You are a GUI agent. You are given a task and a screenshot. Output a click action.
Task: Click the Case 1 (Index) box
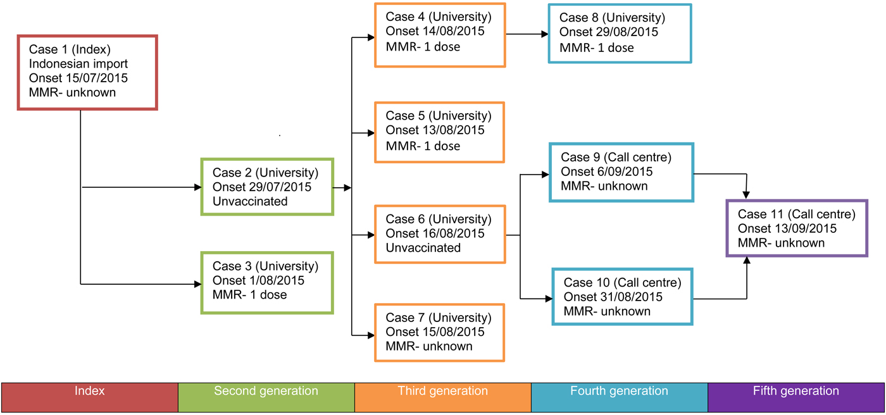click(87, 72)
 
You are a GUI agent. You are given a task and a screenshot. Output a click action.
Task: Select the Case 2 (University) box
click(266, 187)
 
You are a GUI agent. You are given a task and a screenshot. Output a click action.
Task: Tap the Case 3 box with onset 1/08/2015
click(266, 282)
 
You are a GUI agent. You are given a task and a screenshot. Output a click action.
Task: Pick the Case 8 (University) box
click(620, 33)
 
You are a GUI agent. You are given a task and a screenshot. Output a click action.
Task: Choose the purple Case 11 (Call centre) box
click(797, 228)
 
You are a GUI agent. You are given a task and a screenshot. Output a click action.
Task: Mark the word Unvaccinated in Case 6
click(423, 248)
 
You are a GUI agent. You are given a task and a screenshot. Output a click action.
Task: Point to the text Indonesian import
click(78, 64)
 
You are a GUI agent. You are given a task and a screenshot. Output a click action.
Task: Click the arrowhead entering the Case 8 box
click(545, 35)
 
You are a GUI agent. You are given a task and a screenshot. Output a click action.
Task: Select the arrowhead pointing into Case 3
click(197, 285)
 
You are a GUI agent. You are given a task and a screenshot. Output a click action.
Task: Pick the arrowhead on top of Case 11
click(747, 195)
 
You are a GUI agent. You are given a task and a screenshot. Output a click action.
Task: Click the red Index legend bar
click(90, 397)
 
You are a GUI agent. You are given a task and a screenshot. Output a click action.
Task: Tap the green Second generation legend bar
click(266, 397)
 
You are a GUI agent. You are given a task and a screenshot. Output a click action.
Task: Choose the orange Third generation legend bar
click(443, 397)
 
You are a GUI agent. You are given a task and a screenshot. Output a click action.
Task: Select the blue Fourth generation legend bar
click(620, 397)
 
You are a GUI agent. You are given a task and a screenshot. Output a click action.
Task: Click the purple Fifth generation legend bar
click(796, 397)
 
